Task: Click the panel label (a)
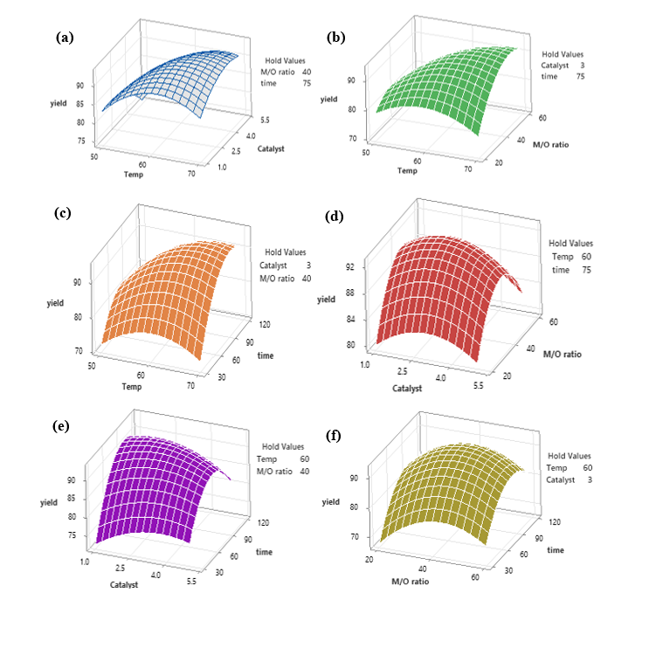[x=65, y=38]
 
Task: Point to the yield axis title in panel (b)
[x=328, y=99]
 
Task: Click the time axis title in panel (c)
[x=265, y=355]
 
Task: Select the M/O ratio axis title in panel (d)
[x=562, y=355]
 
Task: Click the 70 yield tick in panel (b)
[x=353, y=139]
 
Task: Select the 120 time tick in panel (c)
[x=241, y=324]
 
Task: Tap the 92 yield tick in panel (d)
[x=351, y=266]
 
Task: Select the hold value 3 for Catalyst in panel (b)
[x=580, y=65]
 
